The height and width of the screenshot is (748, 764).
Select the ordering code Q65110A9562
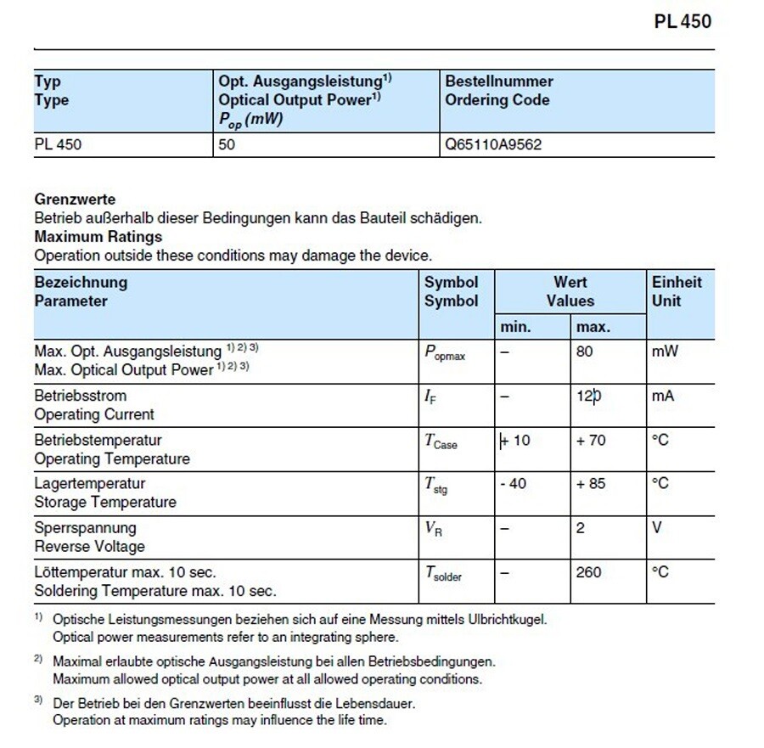(493, 144)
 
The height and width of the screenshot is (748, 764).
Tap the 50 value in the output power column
(227, 144)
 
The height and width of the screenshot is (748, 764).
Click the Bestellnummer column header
(498, 82)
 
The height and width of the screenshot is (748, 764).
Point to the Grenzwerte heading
(75, 200)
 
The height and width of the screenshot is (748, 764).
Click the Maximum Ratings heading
(98, 237)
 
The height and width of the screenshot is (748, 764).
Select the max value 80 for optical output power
(584, 351)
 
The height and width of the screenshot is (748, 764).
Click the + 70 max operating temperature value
(591, 440)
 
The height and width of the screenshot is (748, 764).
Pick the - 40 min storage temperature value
(513, 483)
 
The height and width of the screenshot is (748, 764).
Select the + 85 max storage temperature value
(591, 483)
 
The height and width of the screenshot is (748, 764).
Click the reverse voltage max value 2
(581, 528)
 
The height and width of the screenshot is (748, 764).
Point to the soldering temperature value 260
(588, 572)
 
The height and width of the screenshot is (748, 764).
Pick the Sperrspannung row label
(85, 528)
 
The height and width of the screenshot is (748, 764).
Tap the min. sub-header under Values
(515, 327)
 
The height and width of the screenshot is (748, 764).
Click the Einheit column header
(677, 282)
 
